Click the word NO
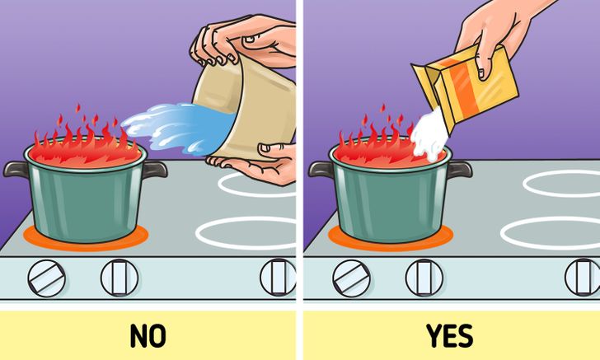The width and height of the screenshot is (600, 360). (x=148, y=335)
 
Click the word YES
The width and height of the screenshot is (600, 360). (x=450, y=335)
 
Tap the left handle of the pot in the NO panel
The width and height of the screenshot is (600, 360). (x=16, y=169)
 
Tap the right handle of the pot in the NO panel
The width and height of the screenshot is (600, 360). (x=155, y=169)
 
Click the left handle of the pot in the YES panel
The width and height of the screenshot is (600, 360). (x=321, y=169)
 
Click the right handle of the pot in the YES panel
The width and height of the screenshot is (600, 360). (x=459, y=170)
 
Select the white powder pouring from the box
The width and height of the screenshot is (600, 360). (x=429, y=135)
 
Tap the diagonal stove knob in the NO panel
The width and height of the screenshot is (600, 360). (x=46, y=278)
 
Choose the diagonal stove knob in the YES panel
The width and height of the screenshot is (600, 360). (x=351, y=278)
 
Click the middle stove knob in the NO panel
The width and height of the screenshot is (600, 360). (x=120, y=278)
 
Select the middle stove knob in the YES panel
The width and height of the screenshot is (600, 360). (x=424, y=278)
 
